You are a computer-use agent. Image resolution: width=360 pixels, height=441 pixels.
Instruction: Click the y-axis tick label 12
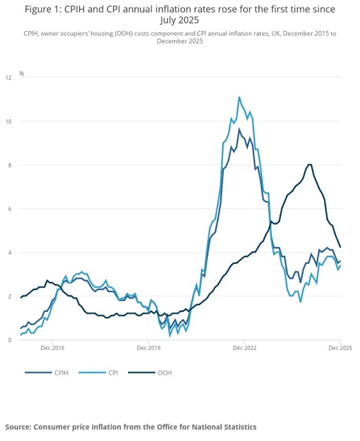pyautogui.click(x=9, y=79)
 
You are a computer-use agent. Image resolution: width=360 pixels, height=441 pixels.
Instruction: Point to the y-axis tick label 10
pyautogui.click(x=9, y=122)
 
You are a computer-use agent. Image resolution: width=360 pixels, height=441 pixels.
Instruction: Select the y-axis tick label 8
pyautogui.click(x=10, y=165)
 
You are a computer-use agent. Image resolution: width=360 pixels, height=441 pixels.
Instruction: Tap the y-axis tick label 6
pyautogui.click(x=10, y=209)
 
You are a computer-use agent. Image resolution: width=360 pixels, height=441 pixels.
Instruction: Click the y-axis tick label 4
pyautogui.click(x=10, y=253)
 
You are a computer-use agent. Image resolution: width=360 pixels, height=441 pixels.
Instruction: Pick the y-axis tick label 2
pyautogui.click(x=10, y=296)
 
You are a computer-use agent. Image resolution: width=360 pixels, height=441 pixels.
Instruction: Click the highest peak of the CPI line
pyautogui.click(x=239, y=97)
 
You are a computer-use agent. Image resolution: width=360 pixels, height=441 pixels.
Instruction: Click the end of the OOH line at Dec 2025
pyautogui.click(x=340, y=247)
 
